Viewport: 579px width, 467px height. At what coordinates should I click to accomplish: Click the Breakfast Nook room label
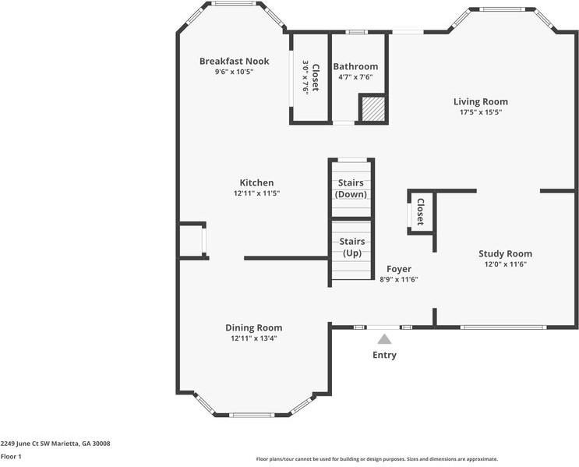pyautogui.click(x=234, y=61)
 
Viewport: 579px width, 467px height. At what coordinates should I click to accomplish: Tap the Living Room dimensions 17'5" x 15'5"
pyautogui.click(x=481, y=112)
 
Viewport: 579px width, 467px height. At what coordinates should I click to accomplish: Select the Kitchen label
pyautogui.click(x=256, y=182)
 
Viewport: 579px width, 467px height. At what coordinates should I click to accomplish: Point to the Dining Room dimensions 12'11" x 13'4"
pyautogui.click(x=253, y=338)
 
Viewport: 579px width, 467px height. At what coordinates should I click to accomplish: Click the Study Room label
pyautogui.click(x=505, y=253)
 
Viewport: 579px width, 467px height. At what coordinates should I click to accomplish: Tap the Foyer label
pyautogui.click(x=399, y=269)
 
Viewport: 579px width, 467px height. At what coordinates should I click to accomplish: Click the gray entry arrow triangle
pyautogui.click(x=384, y=338)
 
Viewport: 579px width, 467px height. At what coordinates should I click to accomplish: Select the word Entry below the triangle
pyautogui.click(x=384, y=356)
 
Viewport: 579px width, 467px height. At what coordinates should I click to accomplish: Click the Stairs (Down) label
pyautogui.click(x=351, y=189)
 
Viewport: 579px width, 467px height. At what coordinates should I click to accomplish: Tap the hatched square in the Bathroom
pyautogui.click(x=372, y=108)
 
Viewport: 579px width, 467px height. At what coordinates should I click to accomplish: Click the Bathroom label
pyautogui.click(x=355, y=66)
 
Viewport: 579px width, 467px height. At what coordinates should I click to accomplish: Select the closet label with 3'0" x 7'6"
pyautogui.click(x=311, y=76)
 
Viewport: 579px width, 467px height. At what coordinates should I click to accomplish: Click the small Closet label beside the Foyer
pyautogui.click(x=420, y=212)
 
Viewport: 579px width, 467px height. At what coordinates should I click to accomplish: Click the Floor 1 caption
pyautogui.click(x=11, y=456)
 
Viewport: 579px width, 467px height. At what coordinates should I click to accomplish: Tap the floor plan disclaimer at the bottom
pyautogui.click(x=377, y=459)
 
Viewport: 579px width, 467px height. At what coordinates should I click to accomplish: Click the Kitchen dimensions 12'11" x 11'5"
pyautogui.click(x=256, y=193)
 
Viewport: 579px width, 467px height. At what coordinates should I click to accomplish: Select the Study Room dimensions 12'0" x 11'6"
pyautogui.click(x=505, y=264)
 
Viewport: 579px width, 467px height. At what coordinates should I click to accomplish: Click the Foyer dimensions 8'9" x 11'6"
pyautogui.click(x=399, y=279)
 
